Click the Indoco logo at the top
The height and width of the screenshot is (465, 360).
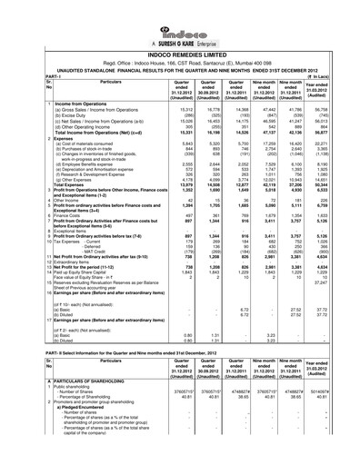179,14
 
